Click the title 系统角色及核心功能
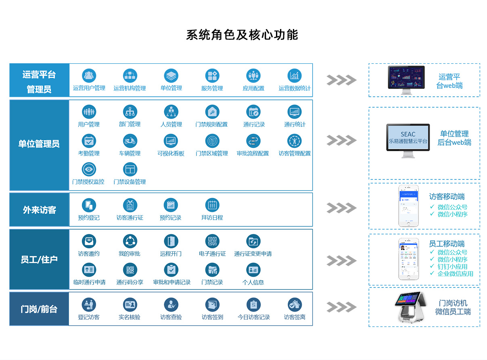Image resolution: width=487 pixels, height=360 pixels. click(x=242, y=35)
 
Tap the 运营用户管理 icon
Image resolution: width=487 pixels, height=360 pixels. click(x=89, y=76)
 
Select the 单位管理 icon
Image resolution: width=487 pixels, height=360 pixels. click(x=171, y=76)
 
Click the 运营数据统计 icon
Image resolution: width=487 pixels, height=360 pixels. click(x=295, y=76)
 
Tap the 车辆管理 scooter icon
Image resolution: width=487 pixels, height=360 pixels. click(x=130, y=141)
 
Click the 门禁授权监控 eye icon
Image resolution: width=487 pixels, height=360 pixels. click(x=89, y=170)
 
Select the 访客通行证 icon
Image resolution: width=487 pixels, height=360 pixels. click(x=130, y=205)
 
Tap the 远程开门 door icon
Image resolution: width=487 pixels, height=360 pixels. click(x=171, y=241)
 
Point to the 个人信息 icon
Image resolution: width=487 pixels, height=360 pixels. click(x=253, y=270)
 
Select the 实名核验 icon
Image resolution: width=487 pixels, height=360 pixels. click(x=130, y=305)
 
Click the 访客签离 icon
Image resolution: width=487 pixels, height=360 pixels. click(x=295, y=305)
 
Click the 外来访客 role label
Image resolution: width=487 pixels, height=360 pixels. click(x=40, y=210)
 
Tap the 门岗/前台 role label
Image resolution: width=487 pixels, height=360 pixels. click(x=40, y=309)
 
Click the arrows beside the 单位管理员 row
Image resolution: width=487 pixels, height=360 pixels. click(x=341, y=140)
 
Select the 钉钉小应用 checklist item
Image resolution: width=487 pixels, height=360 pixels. click(x=452, y=266)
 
